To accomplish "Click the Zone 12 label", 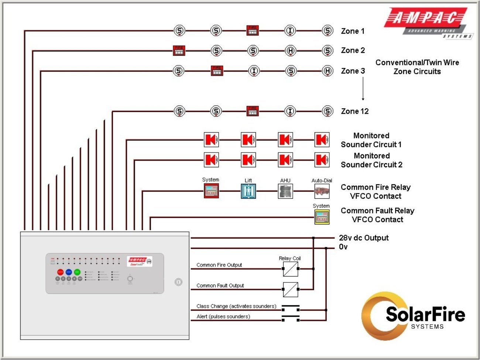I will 354,111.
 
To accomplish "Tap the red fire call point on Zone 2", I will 179,51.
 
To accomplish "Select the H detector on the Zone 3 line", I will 328,71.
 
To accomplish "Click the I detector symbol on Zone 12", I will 290,111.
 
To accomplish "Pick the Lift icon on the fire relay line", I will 248,191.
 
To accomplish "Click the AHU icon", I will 285,191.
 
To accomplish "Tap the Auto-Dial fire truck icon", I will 322,191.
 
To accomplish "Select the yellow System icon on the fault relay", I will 322,217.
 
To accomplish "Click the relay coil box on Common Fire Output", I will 291,269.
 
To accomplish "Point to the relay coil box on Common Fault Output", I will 291,289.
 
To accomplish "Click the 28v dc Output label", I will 364,238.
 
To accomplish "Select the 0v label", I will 343,247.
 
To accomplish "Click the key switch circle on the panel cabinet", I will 178,282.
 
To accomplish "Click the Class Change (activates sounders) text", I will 236,306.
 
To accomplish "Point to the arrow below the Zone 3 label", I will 363,89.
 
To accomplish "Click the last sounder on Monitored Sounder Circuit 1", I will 322,140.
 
